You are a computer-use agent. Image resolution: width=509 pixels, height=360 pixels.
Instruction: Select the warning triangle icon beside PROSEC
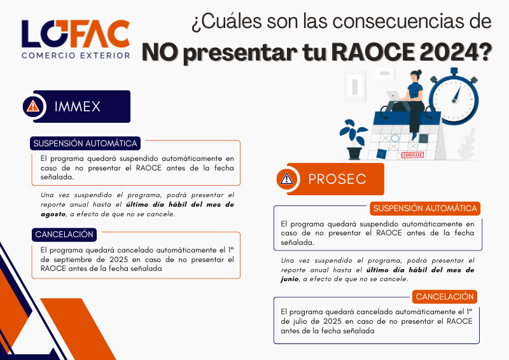[x=287, y=179]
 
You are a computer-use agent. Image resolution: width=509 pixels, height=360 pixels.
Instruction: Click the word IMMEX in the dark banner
[x=78, y=106]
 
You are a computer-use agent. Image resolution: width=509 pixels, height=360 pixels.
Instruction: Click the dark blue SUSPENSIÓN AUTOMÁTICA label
[x=85, y=143]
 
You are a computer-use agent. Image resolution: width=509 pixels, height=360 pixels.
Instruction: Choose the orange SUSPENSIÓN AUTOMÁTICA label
[x=425, y=208]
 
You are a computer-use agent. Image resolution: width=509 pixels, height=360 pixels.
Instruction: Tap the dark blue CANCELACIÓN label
[x=64, y=234]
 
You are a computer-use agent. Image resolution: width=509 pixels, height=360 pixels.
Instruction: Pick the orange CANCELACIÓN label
[x=445, y=296]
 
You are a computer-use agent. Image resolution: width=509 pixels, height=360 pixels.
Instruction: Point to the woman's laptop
[x=394, y=96]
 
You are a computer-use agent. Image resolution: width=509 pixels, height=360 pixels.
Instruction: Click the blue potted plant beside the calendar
[x=353, y=139]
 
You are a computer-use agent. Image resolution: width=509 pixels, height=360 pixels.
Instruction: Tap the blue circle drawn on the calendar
[x=394, y=138]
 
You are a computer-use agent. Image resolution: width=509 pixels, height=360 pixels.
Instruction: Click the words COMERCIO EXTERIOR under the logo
[x=75, y=55]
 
